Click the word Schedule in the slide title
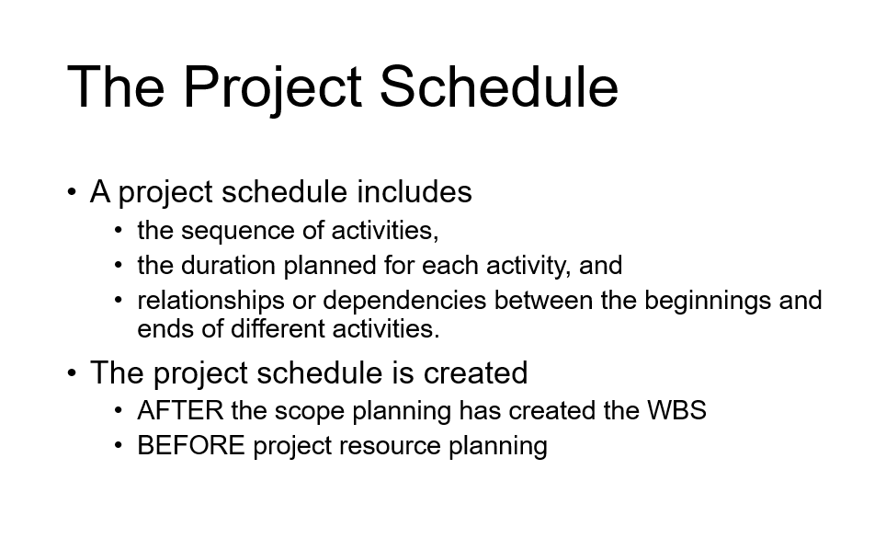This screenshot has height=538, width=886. (x=498, y=86)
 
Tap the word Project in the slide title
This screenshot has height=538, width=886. (x=271, y=88)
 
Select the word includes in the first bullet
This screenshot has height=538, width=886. (x=414, y=192)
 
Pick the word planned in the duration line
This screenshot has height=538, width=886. (x=328, y=266)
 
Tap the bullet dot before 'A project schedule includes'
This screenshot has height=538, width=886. (x=72, y=192)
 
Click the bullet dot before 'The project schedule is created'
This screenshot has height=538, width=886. (x=72, y=373)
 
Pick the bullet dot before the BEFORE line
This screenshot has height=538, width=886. (x=119, y=446)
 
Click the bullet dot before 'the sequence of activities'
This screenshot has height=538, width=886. (x=119, y=230)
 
